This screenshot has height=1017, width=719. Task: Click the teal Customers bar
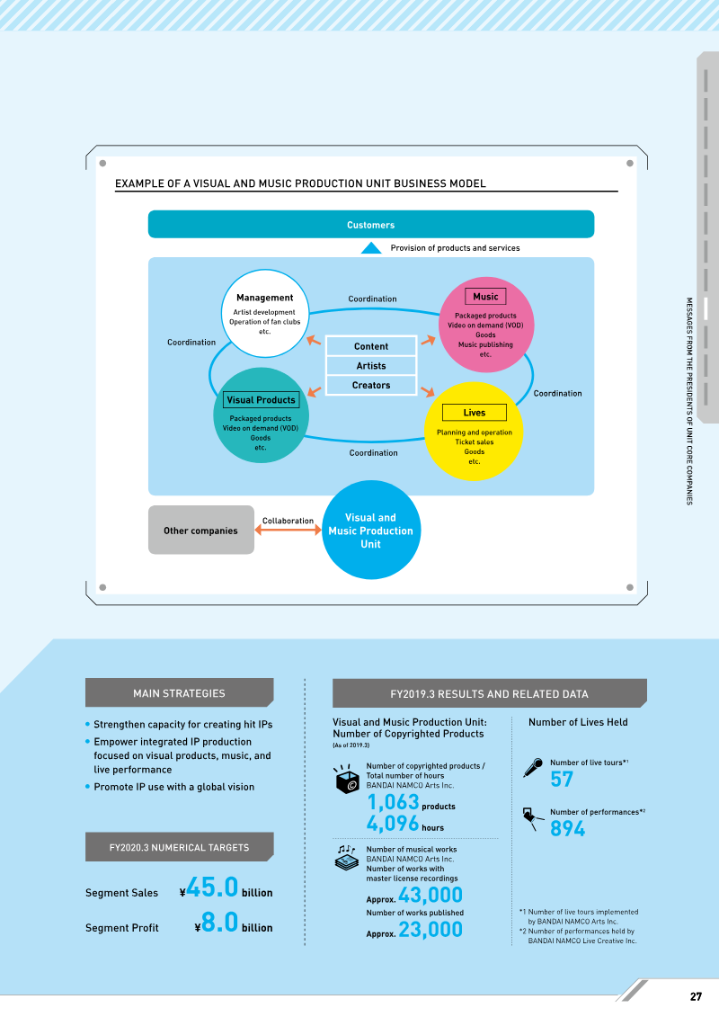(x=371, y=225)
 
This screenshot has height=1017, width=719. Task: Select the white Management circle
(x=264, y=313)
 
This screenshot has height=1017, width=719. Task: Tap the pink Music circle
(x=486, y=325)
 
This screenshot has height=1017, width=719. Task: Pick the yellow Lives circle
(x=474, y=432)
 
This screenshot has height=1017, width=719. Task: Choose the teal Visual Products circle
(x=261, y=415)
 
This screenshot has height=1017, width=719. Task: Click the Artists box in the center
(x=371, y=366)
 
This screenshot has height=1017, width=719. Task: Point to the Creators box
(x=371, y=385)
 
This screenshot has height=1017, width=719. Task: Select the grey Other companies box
(x=201, y=530)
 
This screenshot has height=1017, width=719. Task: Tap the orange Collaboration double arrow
(x=288, y=530)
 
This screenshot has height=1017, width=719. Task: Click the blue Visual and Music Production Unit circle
(x=371, y=530)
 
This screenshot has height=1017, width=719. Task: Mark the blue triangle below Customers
(x=371, y=248)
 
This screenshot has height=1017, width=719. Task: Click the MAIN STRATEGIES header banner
(x=180, y=692)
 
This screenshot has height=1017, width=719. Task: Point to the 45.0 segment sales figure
(x=213, y=888)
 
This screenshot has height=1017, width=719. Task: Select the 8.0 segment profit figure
(x=220, y=923)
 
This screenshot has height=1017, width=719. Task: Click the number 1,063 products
(x=394, y=802)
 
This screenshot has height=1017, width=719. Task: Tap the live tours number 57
(x=562, y=779)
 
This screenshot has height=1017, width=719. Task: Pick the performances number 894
(x=567, y=828)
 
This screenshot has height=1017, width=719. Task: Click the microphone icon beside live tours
(x=533, y=767)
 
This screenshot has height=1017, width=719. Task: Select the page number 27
(x=696, y=996)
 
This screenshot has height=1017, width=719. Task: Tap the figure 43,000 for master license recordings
(x=431, y=895)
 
